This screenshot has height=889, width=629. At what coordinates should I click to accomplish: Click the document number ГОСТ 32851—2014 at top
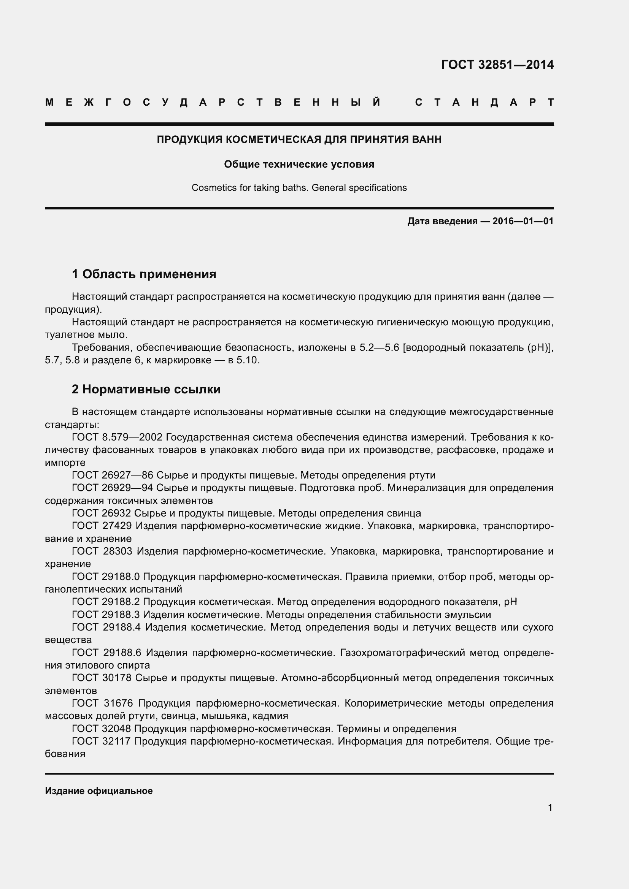pos(497,64)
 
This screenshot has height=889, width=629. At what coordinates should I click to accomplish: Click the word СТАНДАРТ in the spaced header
pos(484,102)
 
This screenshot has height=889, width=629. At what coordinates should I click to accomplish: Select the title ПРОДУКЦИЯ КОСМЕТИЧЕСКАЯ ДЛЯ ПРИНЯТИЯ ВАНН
pos(299,139)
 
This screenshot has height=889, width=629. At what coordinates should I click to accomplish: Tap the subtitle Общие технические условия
pos(299,164)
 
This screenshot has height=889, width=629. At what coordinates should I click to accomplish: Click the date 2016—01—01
pos(523,221)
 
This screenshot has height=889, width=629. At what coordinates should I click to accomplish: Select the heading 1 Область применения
pos(144,274)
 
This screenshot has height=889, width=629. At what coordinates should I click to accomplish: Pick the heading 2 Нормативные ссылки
pos(146,389)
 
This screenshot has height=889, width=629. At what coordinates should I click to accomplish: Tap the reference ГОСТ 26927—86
pos(112,475)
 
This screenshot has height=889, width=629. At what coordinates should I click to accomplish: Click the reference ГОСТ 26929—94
pos(112,488)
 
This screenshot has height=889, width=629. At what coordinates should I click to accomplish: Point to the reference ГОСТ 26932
pos(102,513)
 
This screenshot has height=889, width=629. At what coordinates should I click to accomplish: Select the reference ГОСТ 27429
pos(102,526)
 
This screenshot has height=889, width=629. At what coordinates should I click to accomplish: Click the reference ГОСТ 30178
pos(102,678)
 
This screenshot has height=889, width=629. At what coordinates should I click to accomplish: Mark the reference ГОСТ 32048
pos(102,729)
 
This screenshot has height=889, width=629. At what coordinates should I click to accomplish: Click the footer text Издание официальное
pos(99,791)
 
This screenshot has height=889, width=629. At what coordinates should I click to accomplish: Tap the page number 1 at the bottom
pos(550,808)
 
